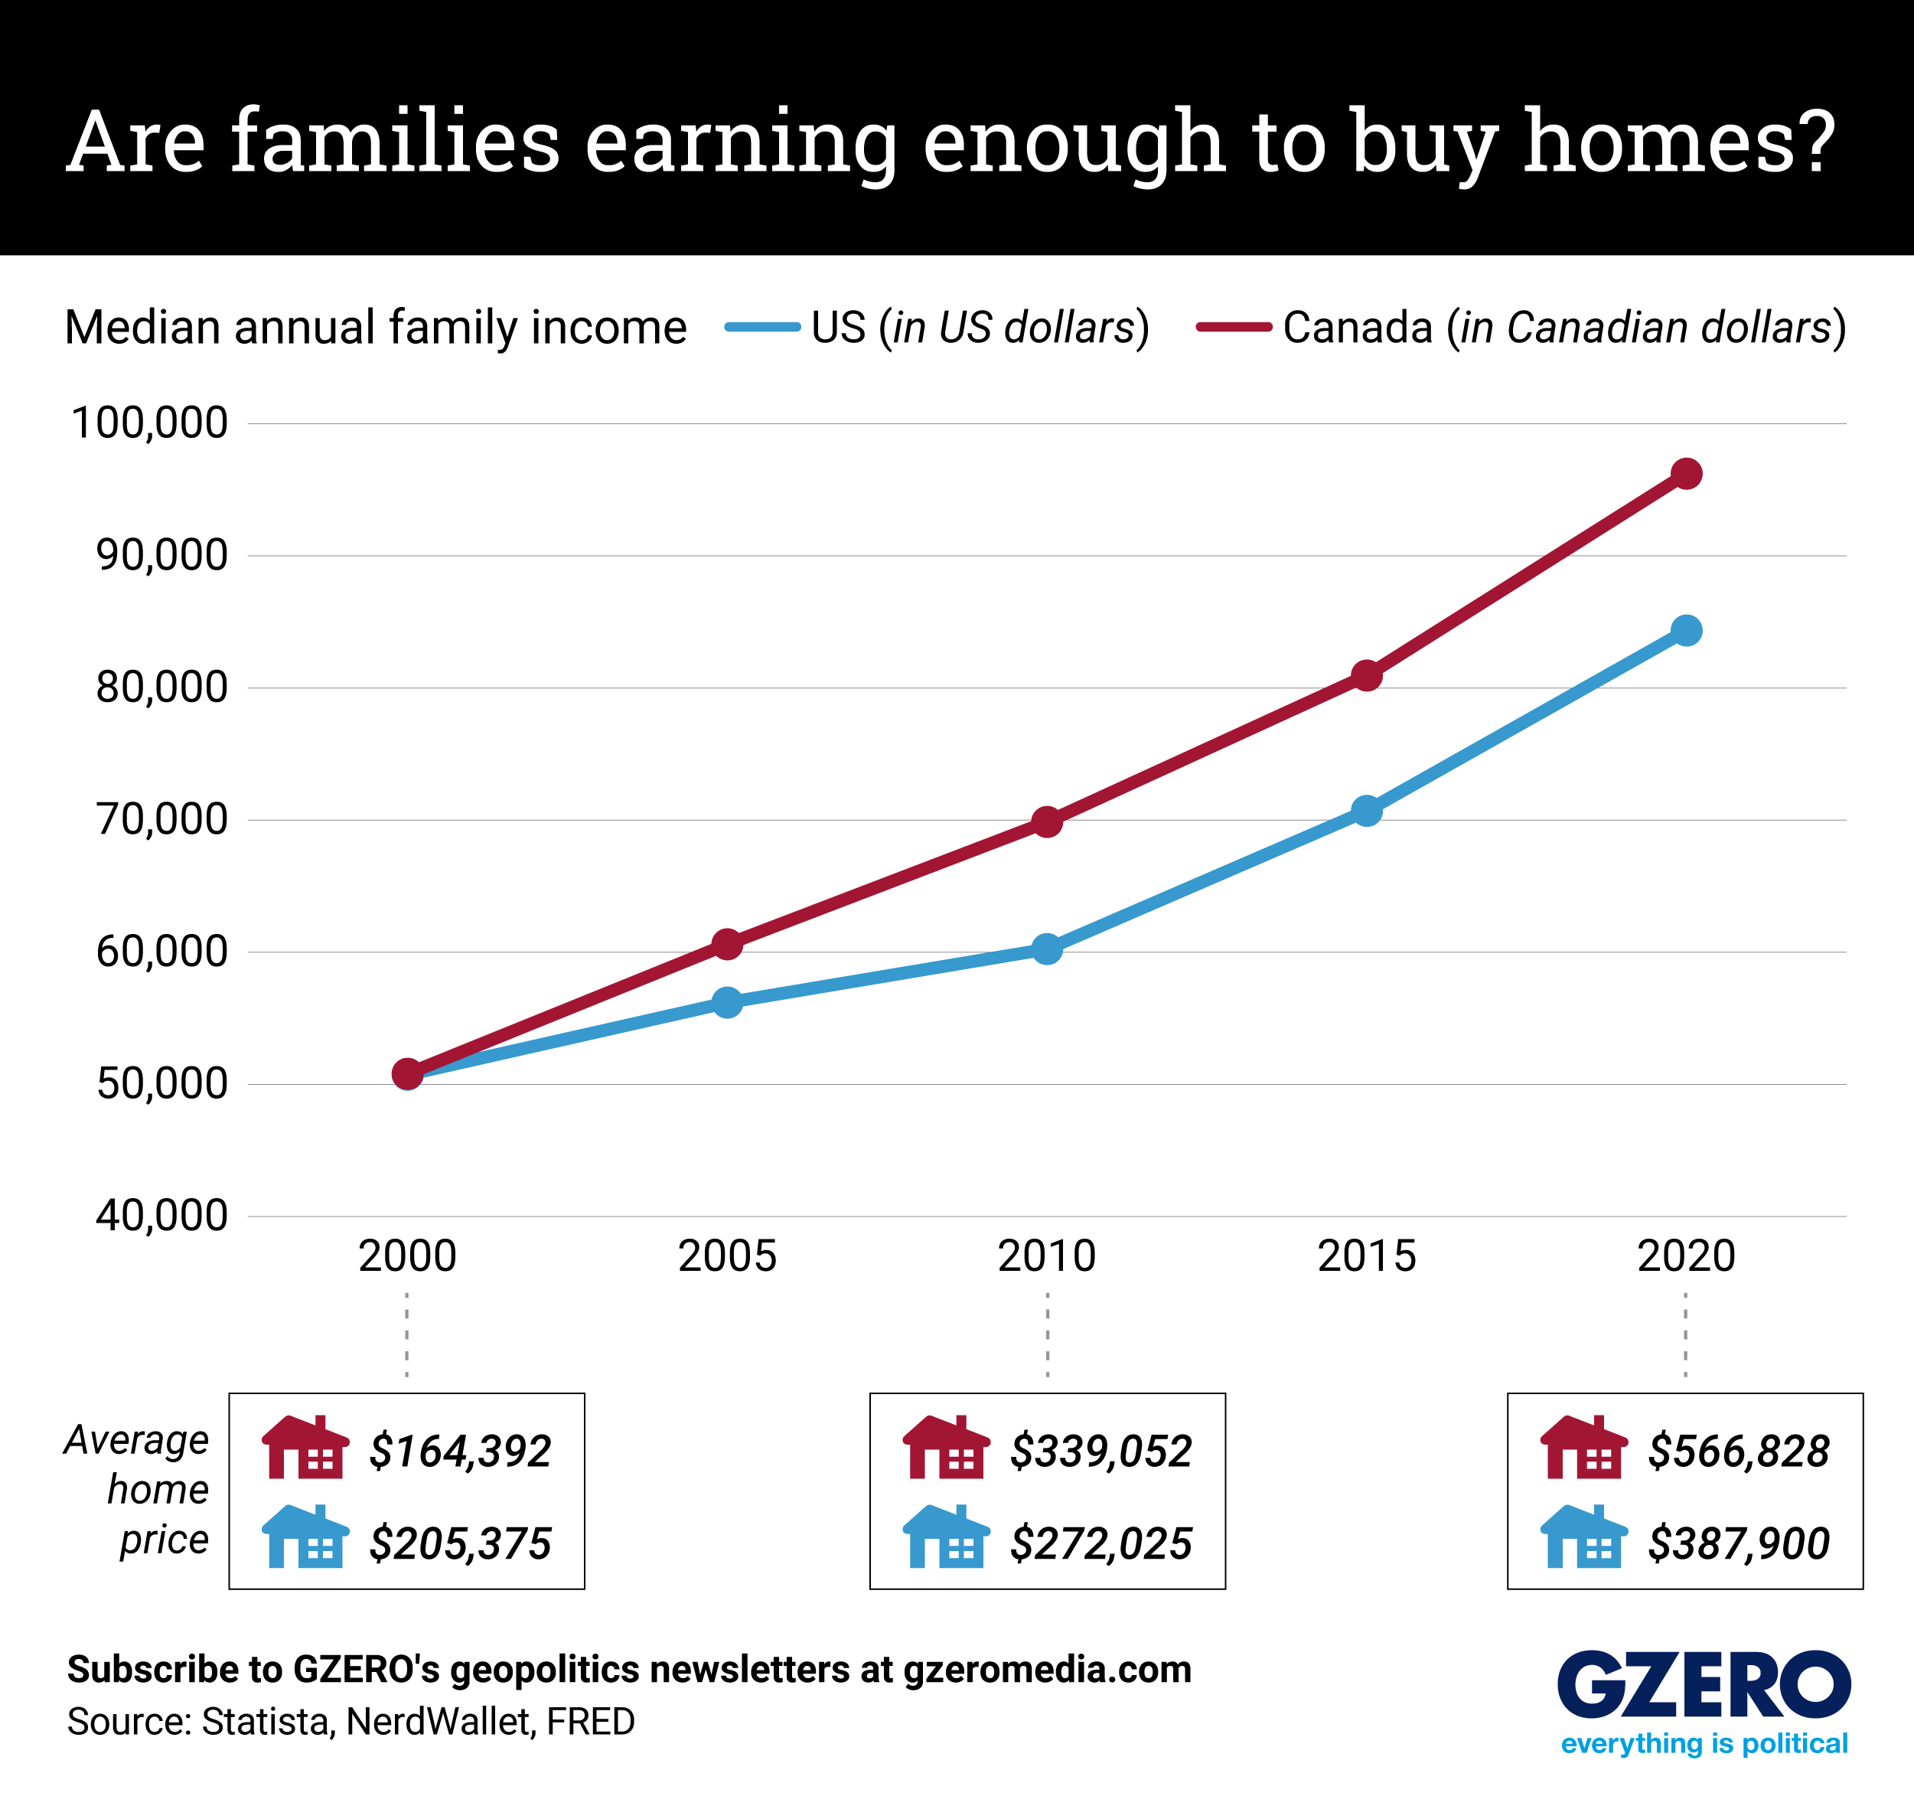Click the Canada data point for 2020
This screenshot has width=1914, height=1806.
(x=1686, y=474)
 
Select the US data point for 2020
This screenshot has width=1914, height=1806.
(x=1686, y=631)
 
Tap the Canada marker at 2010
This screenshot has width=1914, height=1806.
(x=1046, y=821)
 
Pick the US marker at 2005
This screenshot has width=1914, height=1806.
(x=727, y=1003)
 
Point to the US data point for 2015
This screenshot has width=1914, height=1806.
(x=1366, y=811)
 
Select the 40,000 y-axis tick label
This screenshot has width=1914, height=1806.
(x=161, y=1216)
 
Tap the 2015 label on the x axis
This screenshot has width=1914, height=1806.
(x=1366, y=1256)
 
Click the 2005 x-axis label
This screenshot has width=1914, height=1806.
(x=727, y=1256)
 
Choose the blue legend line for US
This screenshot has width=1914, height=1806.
(x=762, y=328)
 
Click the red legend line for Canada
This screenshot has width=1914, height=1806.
(x=1234, y=328)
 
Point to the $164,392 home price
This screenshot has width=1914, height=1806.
(x=459, y=1452)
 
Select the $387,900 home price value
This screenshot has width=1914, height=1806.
(x=1738, y=1544)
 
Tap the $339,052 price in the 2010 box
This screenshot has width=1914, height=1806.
(x=1100, y=1452)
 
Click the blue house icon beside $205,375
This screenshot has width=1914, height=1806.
(x=305, y=1538)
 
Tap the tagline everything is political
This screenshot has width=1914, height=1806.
(x=1704, y=1743)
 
